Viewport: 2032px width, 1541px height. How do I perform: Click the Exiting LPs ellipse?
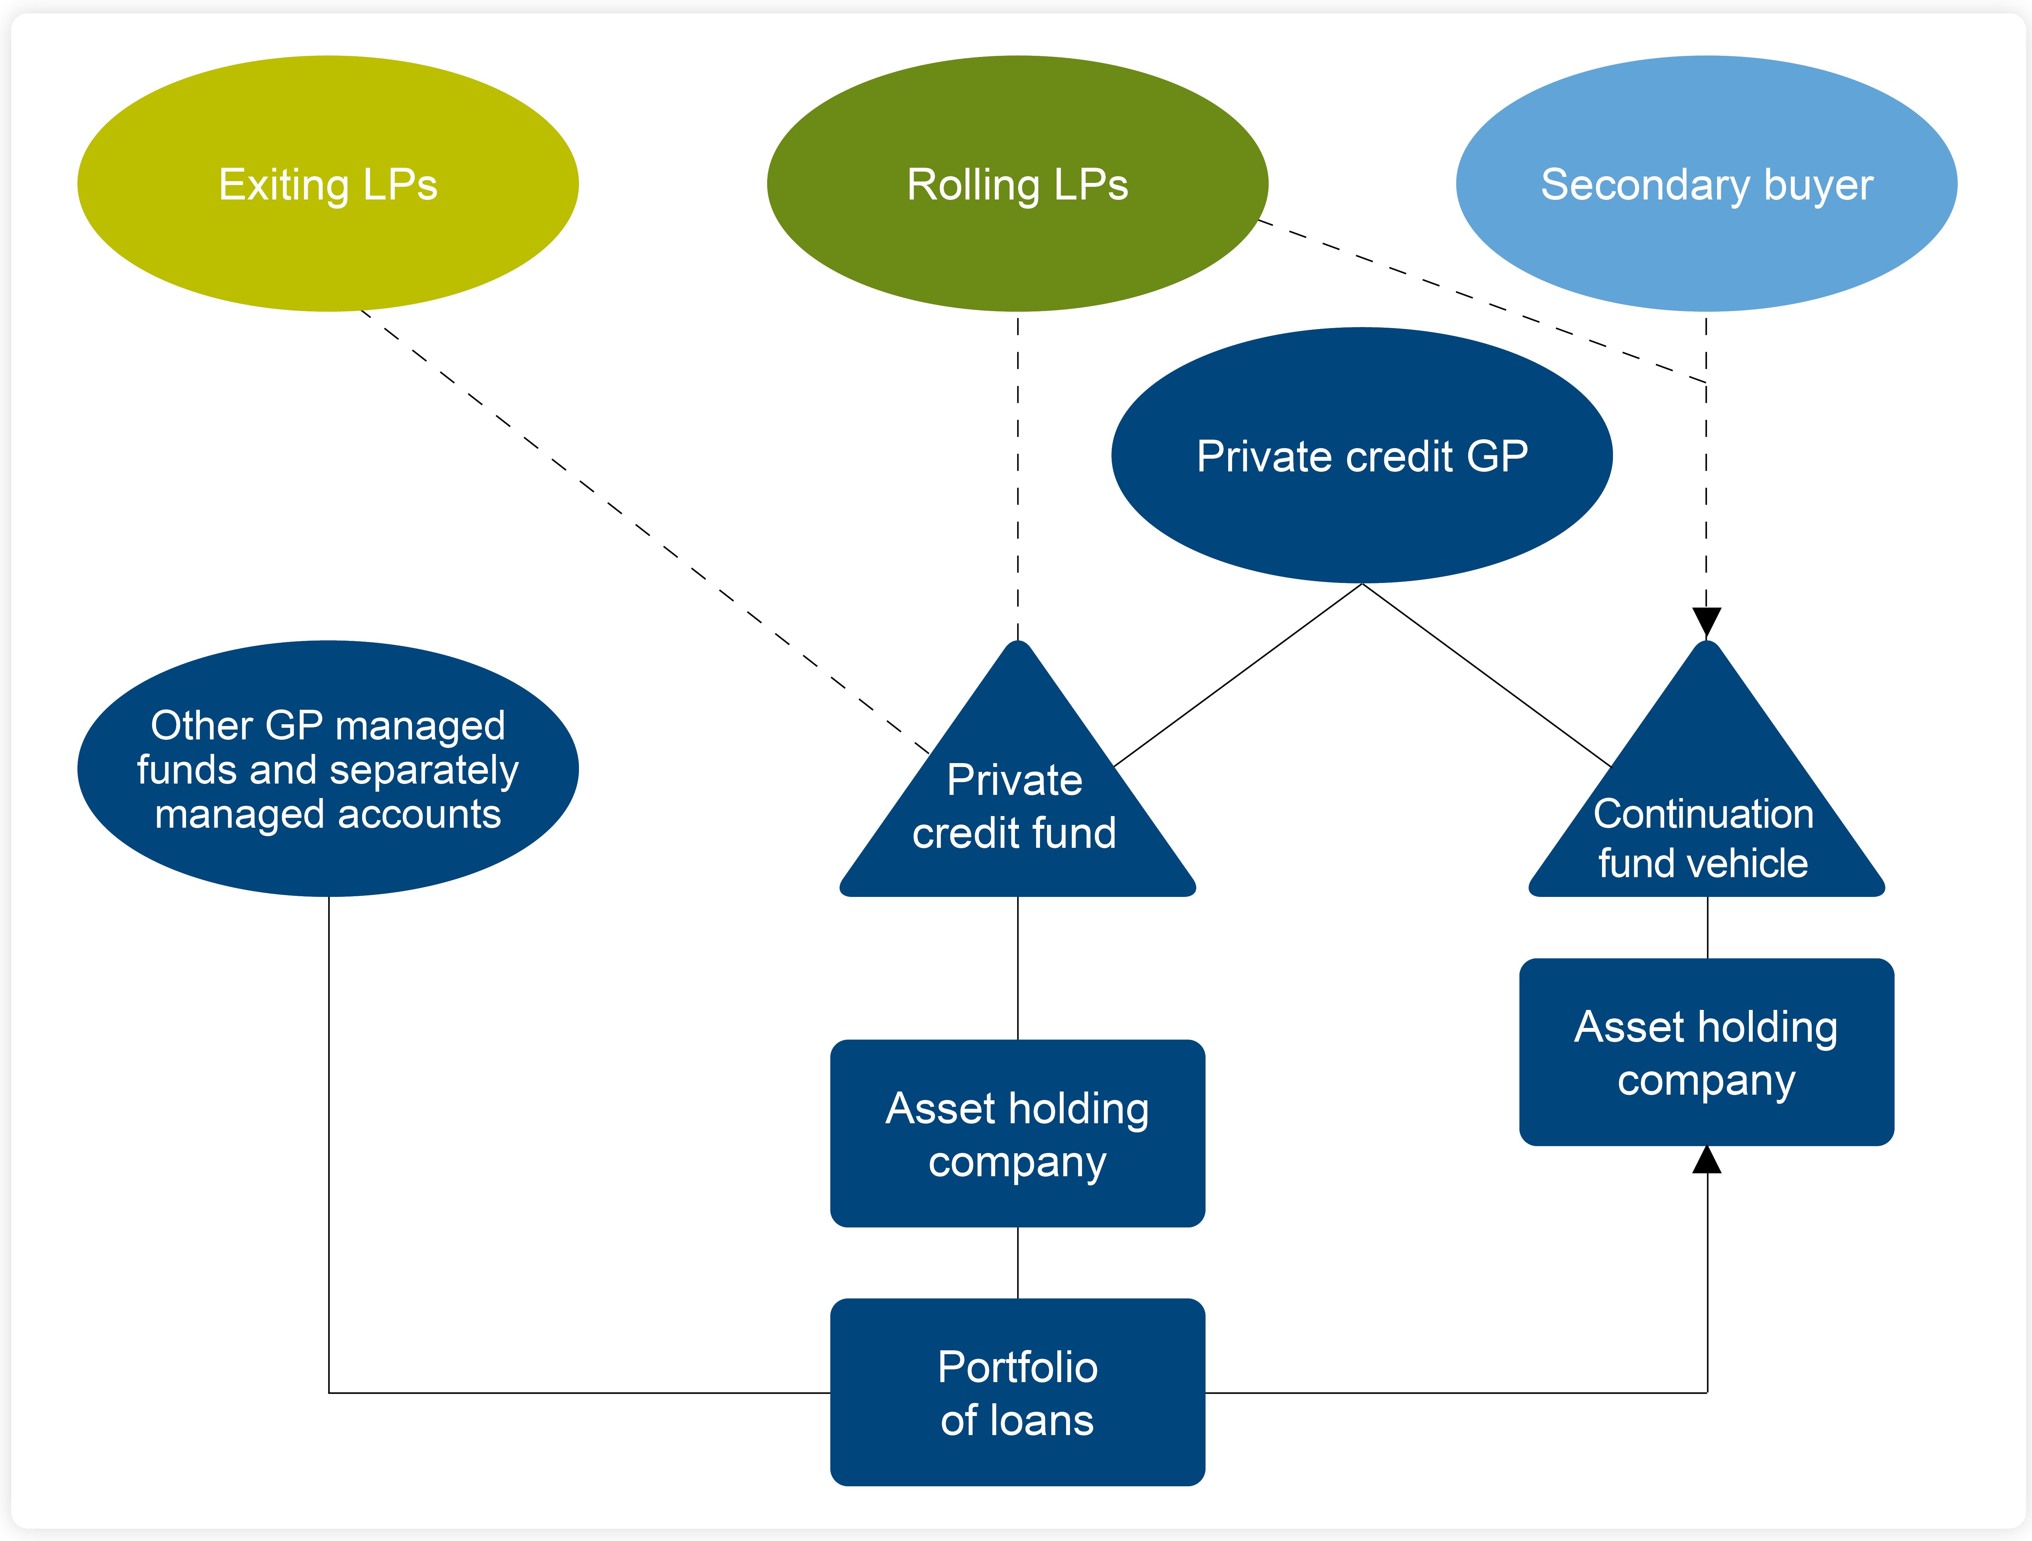point(328,184)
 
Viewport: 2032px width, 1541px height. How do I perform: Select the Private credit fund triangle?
point(1017,809)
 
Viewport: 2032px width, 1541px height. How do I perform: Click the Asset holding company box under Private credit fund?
point(1017,1133)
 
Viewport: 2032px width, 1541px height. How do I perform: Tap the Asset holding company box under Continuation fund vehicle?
point(1706,1052)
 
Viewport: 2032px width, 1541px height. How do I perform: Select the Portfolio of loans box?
point(1017,1392)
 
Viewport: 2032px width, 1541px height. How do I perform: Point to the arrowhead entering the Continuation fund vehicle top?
point(1706,622)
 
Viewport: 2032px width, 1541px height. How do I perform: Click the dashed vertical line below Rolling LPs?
point(1018,478)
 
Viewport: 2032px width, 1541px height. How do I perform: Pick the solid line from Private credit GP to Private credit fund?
point(1237,676)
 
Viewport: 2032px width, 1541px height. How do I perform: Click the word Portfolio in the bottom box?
point(1017,1367)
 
